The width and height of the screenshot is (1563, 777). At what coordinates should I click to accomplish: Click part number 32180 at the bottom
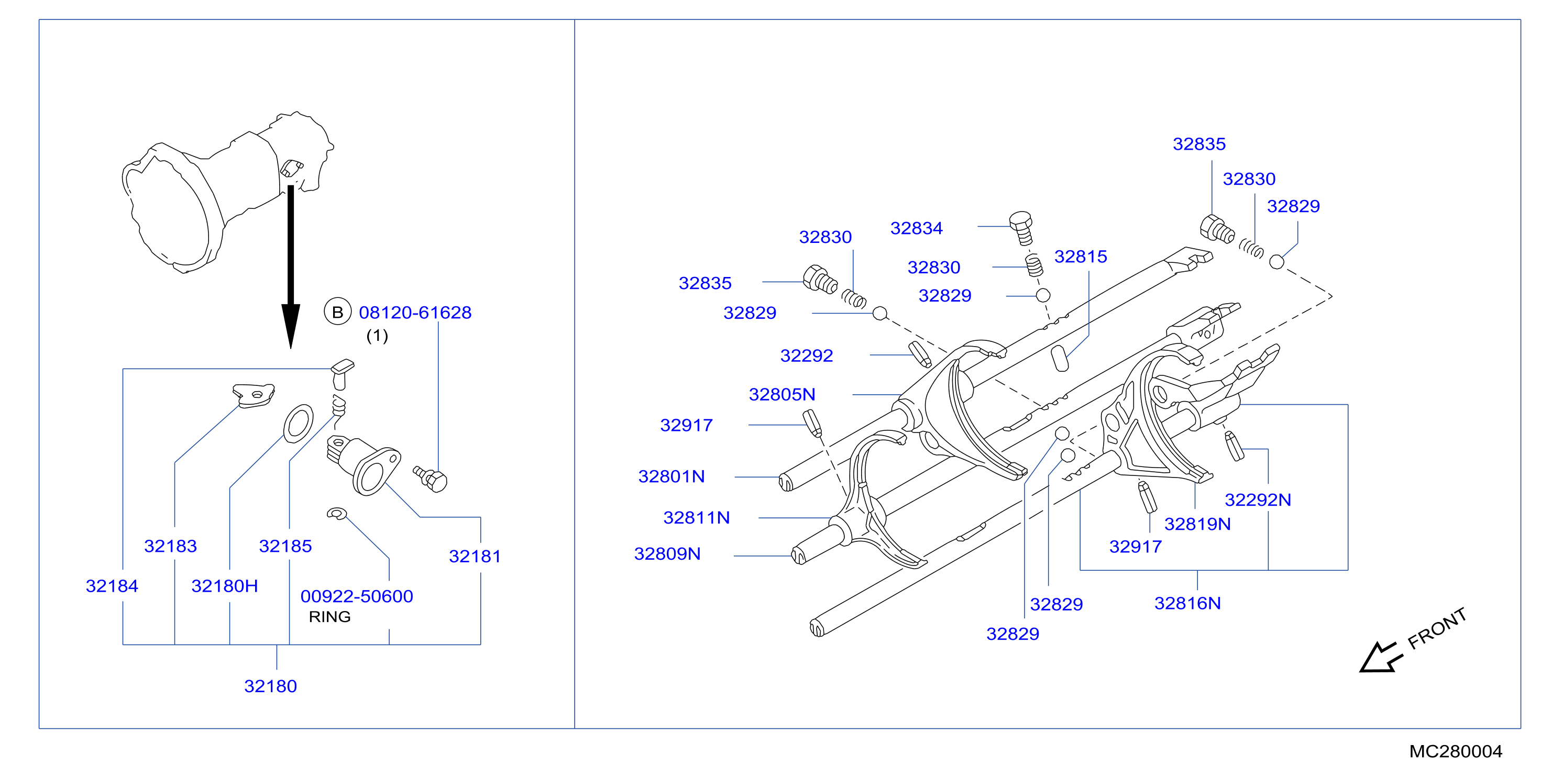[271, 686]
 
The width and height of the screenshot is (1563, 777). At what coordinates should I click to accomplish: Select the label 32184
[112, 586]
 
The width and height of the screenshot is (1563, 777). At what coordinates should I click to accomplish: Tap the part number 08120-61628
[415, 313]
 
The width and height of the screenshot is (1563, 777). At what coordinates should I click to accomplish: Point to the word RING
[329, 617]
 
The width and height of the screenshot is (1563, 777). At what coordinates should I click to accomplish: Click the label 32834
[916, 228]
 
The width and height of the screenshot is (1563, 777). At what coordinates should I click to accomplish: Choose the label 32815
[1081, 257]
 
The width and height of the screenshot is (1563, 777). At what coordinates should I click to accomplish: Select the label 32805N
[782, 394]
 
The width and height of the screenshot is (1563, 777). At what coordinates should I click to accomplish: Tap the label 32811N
[697, 517]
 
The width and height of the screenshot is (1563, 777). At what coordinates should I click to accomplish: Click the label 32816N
[1187, 603]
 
